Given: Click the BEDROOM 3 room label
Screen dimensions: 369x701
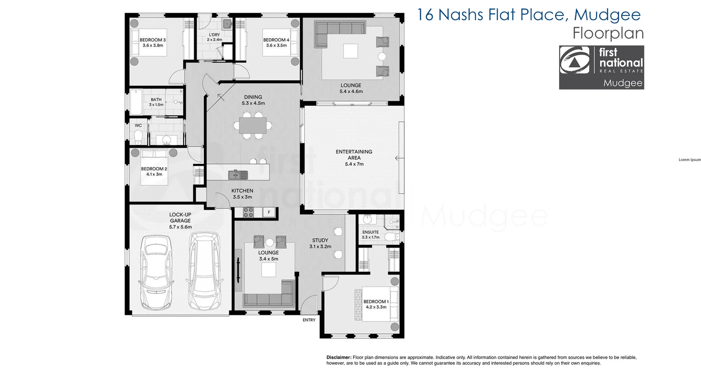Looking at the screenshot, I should (153, 40).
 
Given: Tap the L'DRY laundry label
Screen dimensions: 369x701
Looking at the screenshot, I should (214, 35).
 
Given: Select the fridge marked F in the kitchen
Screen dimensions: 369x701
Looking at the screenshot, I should (269, 212).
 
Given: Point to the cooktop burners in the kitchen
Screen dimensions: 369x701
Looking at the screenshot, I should (248, 212).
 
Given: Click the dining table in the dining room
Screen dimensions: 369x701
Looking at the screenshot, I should (253, 126).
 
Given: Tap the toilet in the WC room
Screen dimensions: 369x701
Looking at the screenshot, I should (138, 138).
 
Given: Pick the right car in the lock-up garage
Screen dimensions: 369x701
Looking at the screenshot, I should (204, 271).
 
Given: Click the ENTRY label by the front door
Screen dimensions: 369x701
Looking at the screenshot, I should (309, 320).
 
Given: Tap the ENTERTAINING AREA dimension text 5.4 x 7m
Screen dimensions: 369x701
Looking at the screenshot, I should (354, 164).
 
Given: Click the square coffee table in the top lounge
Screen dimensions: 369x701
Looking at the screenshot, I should (350, 51).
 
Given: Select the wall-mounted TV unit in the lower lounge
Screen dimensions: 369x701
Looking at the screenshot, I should (238, 270).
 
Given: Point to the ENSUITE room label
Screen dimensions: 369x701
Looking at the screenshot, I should (370, 232).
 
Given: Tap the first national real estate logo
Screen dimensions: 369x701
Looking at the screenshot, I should (601, 68).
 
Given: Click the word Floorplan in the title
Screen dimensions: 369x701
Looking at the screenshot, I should (608, 33).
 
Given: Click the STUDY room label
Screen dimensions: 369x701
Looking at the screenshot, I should (320, 240).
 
